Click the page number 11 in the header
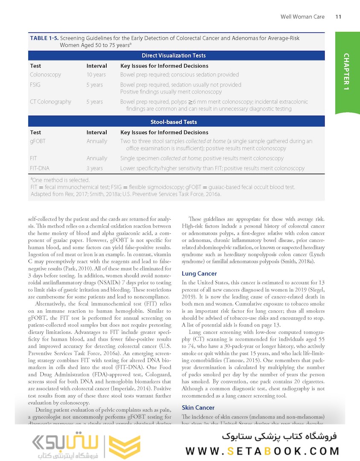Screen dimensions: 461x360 click(338, 17)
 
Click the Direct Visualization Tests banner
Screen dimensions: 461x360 click(174, 55)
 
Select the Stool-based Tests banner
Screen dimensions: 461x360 click(174, 122)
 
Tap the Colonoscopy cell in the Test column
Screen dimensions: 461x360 click(45, 75)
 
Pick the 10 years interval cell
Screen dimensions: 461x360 click(96, 75)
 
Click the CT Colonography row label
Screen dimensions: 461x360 click(50, 102)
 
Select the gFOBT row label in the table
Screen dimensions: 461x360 click(38, 141)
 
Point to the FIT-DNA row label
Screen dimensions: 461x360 click(40, 168)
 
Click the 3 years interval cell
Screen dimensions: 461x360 click(94, 168)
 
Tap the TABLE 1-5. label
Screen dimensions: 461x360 click(44, 38)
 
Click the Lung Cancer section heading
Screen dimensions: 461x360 click(199, 274)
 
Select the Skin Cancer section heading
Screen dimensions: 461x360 click(198, 408)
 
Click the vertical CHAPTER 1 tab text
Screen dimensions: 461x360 click(346, 71)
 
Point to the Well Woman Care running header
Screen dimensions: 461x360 click(302, 17)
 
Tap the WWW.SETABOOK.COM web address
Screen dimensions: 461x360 click(262, 451)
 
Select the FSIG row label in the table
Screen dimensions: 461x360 click(35, 85)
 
